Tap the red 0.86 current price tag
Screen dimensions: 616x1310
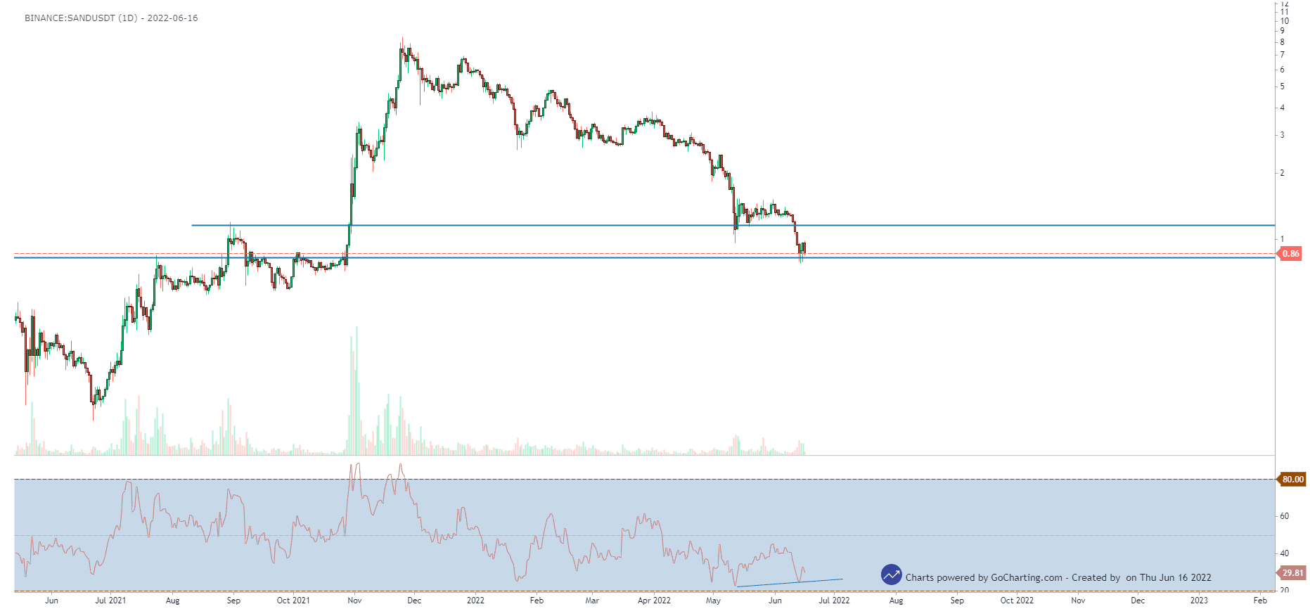(x=1290, y=254)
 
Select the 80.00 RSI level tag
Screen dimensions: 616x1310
(x=1292, y=480)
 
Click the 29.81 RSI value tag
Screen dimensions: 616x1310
(x=1292, y=573)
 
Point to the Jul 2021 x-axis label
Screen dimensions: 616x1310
(x=110, y=601)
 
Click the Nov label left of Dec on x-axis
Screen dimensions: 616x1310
(x=354, y=601)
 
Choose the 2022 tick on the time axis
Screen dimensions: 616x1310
(x=475, y=601)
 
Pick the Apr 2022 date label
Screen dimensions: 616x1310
(x=654, y=601)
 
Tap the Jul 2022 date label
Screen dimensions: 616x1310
(x=834, y=601)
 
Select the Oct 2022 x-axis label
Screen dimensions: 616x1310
(x=1017, y=601)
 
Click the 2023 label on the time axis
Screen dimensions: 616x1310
(x=1199, y=601)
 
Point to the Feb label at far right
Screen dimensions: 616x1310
(x=1260, y=601)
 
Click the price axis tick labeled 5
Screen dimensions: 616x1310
(x=1283, y=86)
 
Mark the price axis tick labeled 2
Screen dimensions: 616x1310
(x=1283, y=173)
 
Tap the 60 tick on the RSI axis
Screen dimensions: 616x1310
(x=1285, y=516)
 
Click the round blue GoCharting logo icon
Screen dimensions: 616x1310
(x=892, y=575)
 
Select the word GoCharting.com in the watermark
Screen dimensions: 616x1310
(x=1027, y=578)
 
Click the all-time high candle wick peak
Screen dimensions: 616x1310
(x=402, y=38)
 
